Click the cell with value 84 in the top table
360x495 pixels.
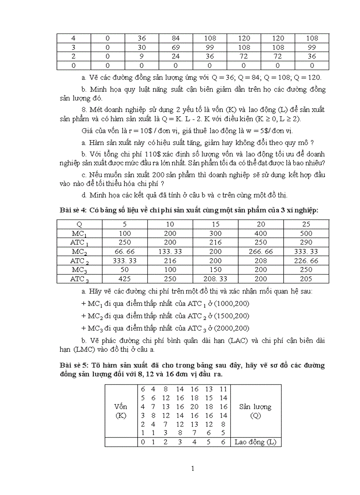[175, 38]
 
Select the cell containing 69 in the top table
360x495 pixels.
[175, 47]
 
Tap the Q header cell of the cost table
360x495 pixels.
[79, 224]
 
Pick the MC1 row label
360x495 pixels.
[79, 233]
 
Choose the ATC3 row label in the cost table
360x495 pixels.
[79, 279]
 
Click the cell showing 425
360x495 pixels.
[125, 279]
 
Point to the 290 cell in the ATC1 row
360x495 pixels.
[306, 242]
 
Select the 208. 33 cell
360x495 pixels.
[216, 279]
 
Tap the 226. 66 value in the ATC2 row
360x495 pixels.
[306, 261]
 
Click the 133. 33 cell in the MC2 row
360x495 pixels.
[170, 251]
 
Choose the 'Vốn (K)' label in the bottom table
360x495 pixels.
[121, 411]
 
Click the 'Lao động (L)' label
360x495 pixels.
[255, 442]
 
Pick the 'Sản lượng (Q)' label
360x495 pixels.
[255, 411]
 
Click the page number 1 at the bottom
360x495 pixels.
[193, 468]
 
